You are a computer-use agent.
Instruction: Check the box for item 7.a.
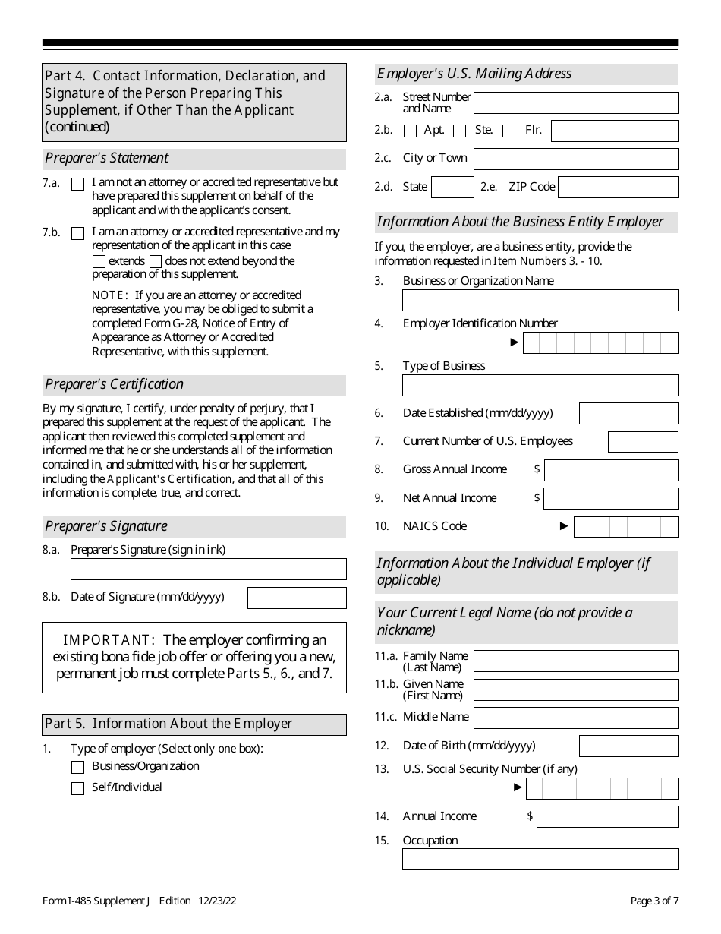(77, 185)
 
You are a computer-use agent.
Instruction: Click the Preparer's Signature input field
(208, 570)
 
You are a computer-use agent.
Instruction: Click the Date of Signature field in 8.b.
(297, 598)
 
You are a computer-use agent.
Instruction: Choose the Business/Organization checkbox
(77, 768)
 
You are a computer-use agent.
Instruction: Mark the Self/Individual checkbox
(77, 789)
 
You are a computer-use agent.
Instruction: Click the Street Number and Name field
(576, 103)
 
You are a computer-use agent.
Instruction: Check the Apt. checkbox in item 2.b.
(411, 131)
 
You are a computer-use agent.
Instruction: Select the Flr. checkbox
(509, 131)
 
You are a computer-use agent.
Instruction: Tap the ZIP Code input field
(618, 188)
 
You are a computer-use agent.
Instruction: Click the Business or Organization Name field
(540, 301)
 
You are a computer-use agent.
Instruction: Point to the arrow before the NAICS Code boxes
(564, 526)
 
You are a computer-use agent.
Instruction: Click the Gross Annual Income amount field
(611, 470)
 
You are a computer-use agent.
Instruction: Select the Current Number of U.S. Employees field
(643, 442)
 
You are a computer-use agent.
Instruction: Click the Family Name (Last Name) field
(576, 661)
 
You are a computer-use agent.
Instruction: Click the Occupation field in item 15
(540, 860)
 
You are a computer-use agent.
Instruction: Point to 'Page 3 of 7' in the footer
(654, 901)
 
